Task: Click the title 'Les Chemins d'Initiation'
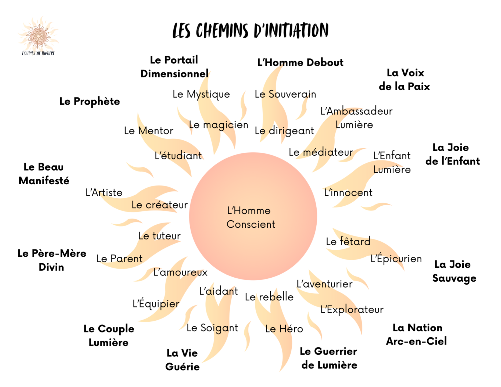250,30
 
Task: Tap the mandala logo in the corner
38,36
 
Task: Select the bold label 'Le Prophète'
90,102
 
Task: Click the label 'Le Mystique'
201,94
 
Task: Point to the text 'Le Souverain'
285,94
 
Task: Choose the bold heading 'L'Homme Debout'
300,63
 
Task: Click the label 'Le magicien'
219,125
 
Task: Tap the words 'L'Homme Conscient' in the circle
251,217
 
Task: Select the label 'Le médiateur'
321,152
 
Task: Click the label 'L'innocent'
348,193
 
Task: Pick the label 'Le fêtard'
348,242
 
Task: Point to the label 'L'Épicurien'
396,259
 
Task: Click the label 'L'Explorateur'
352,310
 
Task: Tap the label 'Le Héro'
284,329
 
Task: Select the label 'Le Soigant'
212,328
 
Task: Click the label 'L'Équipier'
156,304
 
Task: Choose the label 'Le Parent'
119,259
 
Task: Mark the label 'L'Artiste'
104,193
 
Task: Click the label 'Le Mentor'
148,131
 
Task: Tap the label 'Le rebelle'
269,297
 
